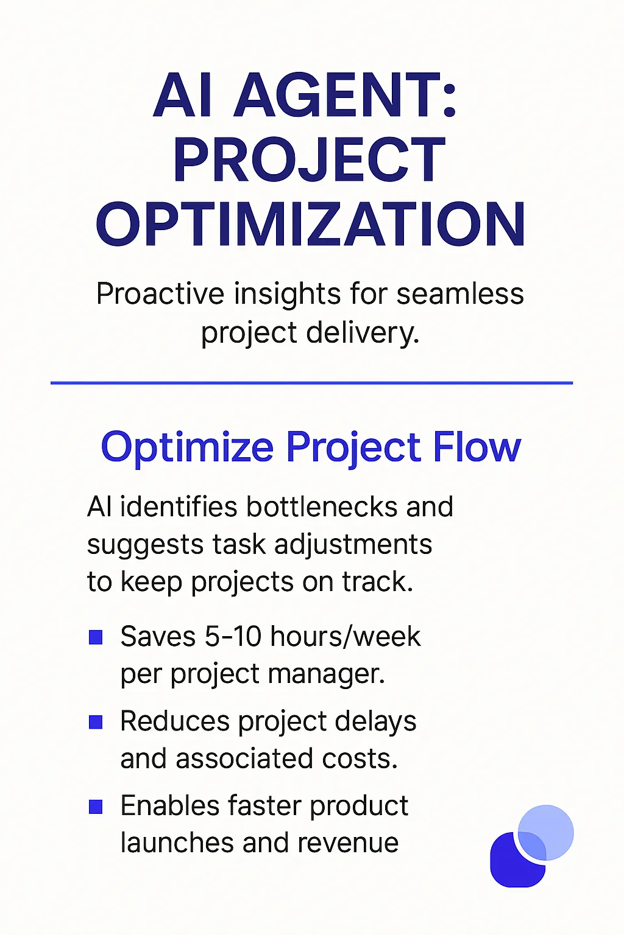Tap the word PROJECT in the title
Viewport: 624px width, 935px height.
[310, 159]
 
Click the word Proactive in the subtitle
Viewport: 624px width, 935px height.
[160, 294]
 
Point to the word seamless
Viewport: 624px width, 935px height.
[460, 294]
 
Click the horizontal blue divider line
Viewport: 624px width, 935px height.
[311, 383]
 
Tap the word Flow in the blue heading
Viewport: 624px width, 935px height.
[477, 447]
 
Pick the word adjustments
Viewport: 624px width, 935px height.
[353, 545]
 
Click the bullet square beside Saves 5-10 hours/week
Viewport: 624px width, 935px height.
[96, 638]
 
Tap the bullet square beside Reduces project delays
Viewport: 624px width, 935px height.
[96, 722]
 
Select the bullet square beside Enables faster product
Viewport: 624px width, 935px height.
[96, 807]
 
